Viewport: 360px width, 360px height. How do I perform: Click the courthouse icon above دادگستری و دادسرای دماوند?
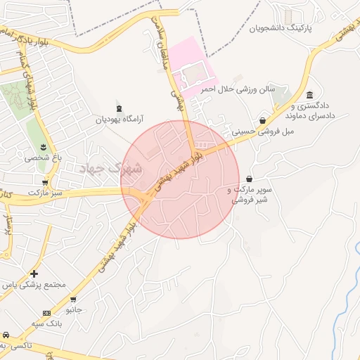pyautogui.click(x=310, y=95)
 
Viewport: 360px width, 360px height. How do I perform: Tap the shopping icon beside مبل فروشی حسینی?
pyautogui.click(x=263, y=120)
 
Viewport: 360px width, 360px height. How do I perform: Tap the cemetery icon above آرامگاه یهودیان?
pyautogui.click(x=118, y=108)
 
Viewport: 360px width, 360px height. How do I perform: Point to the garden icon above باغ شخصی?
pyautogui.click(x=44, y=146)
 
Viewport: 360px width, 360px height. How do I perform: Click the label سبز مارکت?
pyautogui.click(x=46, y=191)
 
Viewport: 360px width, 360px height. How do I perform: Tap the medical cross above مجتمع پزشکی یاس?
pyautogui.click(x=34, y=273)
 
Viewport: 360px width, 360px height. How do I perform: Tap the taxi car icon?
pyautogui.click(x=6, y=334)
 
